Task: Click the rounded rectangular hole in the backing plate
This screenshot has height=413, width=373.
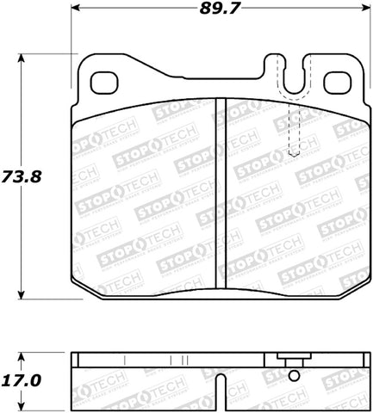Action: pyautogui.click(x=106, y=81)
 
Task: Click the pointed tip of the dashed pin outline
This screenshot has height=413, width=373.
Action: pyautogui.click(x=294, y=157)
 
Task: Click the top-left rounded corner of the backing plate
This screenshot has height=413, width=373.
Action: pyautogui.click(x=84, y=62)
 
